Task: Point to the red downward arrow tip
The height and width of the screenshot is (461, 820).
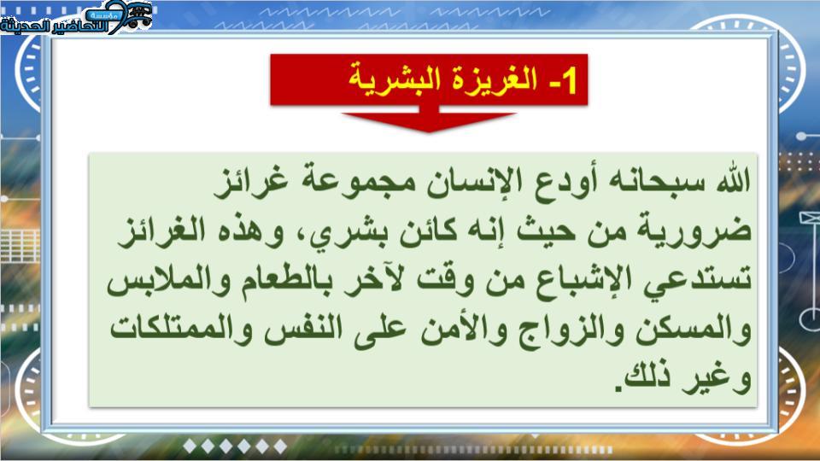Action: coord(429,131)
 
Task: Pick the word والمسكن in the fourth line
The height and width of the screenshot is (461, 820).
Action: coord(694,330)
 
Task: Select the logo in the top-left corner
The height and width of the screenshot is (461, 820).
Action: coord(76,17)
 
